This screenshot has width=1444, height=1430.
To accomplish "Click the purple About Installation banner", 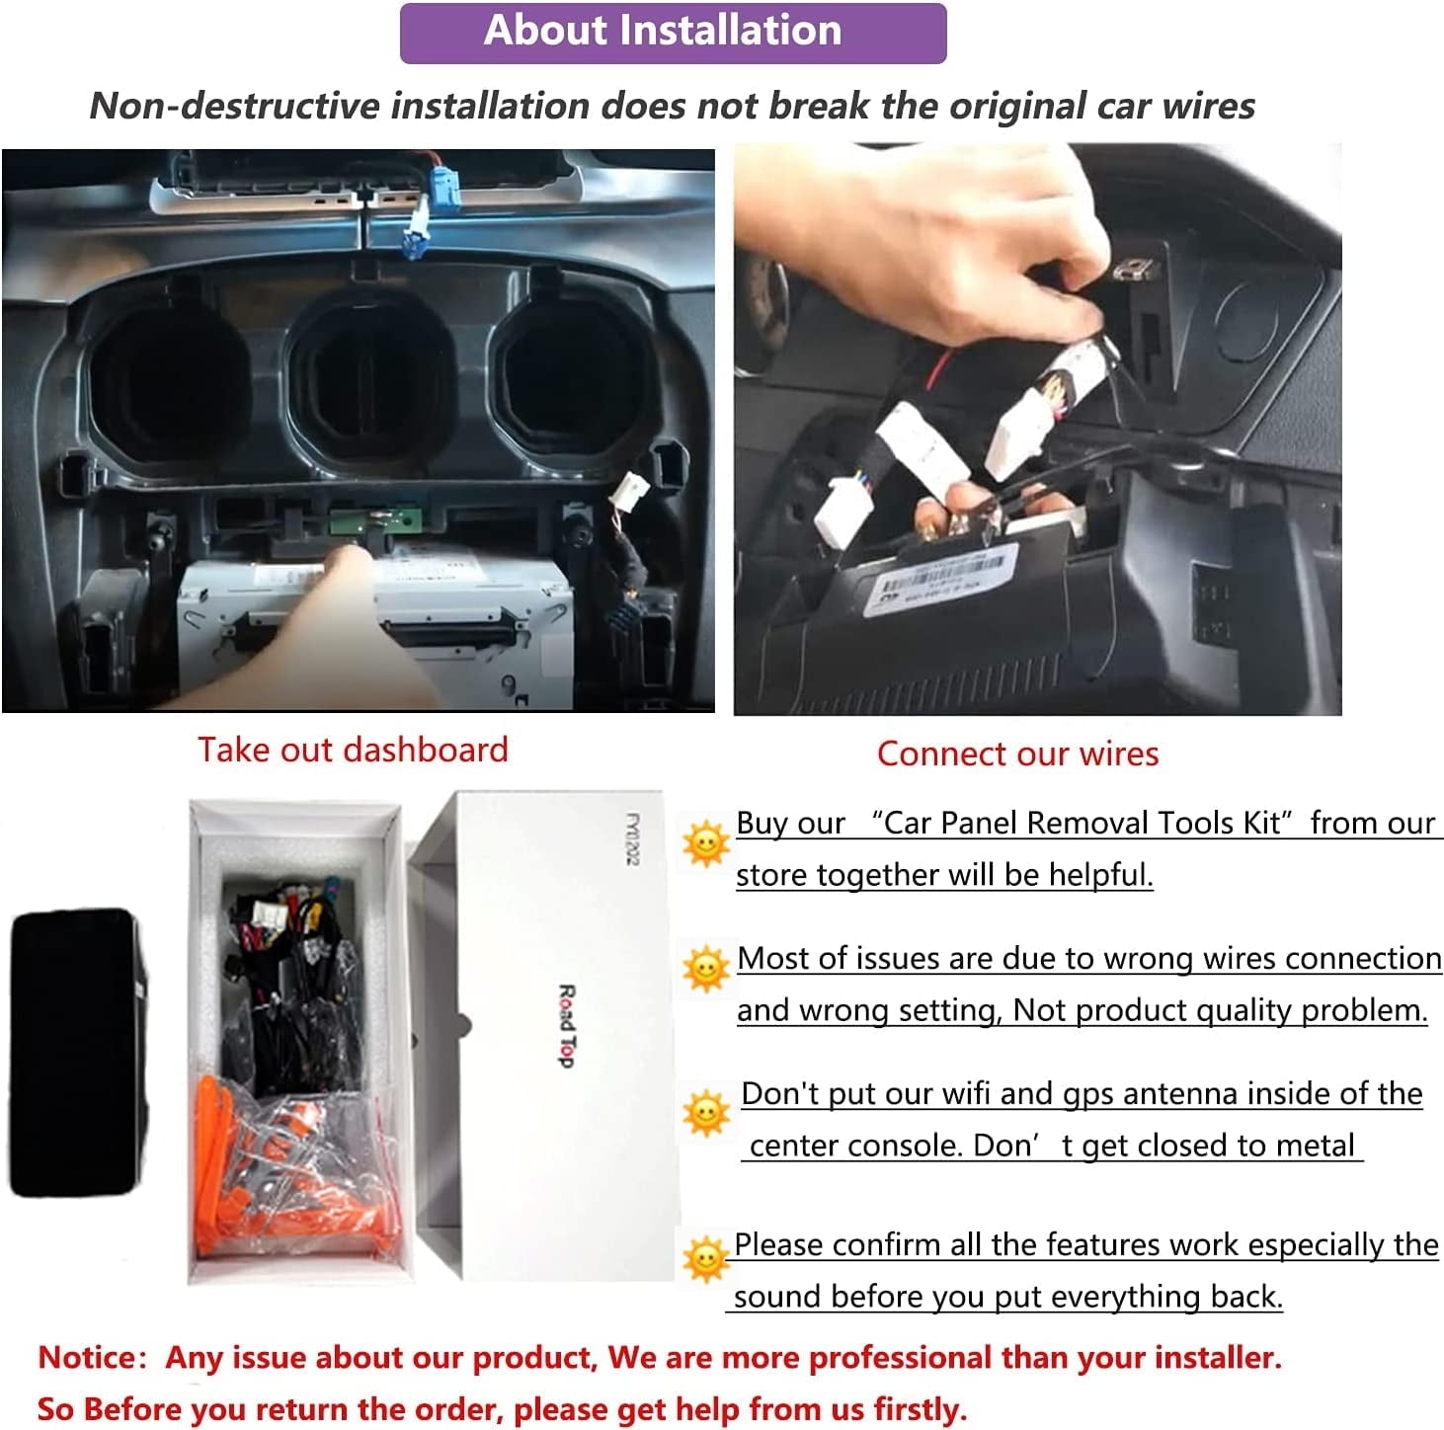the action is [673, 33].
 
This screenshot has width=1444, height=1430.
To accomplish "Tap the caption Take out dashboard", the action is [353, 750].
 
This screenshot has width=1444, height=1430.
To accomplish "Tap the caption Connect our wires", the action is [1017, 754].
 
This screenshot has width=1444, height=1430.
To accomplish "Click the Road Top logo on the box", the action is [567, 1026].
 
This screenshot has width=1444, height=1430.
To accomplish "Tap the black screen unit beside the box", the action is [78, 1052].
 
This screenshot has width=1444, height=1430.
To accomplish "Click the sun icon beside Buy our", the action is [705, 844].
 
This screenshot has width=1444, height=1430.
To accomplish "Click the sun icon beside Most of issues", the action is [705, 969].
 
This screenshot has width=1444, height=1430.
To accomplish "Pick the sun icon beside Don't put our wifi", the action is [705, 1112].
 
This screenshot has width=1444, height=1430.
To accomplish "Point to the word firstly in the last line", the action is [921, 1409].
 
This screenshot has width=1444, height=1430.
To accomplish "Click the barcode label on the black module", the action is [942, 580].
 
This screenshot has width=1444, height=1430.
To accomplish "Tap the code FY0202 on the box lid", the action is [632, 838].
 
